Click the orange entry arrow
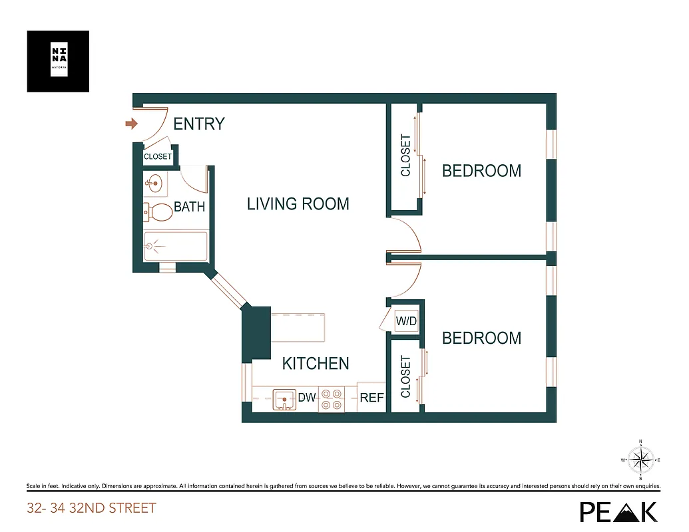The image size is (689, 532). click(131, 123)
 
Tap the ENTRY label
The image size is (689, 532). click(198, 124)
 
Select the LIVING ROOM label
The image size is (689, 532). click(298, 203)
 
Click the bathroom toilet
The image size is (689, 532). click(158, 212)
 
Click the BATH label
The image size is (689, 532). click(189, 207)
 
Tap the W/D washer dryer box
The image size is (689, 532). click(406, 322)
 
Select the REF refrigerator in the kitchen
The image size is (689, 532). click(371, 398)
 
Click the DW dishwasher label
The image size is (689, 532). click(306, 398)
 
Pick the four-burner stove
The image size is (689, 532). click(331, 399)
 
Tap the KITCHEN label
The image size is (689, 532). click(315, 363)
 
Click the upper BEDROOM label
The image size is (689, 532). click(481, 171)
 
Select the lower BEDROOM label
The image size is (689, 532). click(481, 338)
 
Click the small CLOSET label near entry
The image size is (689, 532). click(158, 157)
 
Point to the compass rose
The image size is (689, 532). click(640, 460)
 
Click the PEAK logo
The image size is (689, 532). click(618, 511)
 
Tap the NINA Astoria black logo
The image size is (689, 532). click(58, 61)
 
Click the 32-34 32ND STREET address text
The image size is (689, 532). click(91, 509)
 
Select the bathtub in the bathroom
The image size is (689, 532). click(176, 246)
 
